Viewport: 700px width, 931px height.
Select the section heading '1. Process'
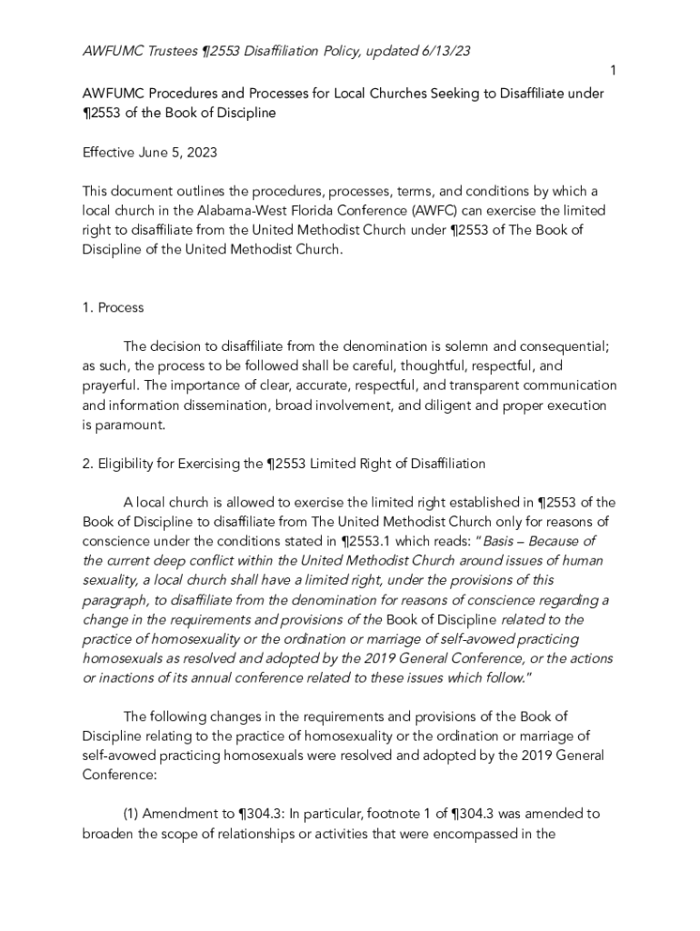point(113,307)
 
